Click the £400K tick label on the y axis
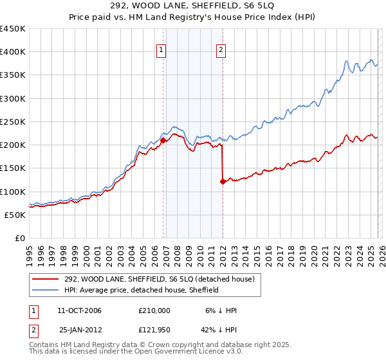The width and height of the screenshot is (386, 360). [x=13, y=52]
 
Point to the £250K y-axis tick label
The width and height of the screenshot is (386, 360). [x=13, y=122]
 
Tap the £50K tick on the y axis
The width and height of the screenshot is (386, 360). [x=15, y=215]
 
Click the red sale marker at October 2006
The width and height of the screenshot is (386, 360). [x=163, y=139]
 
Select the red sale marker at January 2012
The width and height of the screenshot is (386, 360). [x=223, y=181]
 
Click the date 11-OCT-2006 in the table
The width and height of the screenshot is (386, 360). [x=80, y=310]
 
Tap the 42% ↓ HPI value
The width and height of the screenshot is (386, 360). [x=221, y=330]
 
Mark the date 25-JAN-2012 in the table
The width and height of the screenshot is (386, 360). [x=80, y=330]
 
